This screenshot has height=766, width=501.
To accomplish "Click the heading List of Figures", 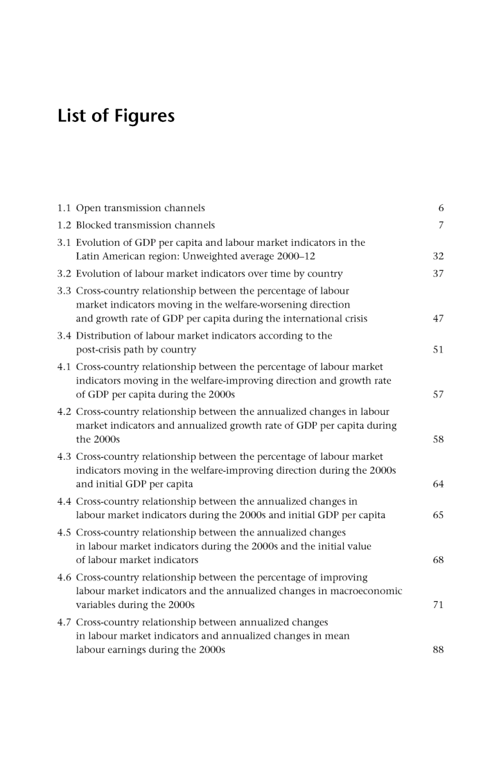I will pos(116,116).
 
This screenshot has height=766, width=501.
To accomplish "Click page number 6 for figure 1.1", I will pos(441,208).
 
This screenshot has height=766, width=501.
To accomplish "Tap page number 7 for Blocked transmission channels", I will pos(441,225).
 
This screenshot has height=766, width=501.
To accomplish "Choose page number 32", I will pos(438,256).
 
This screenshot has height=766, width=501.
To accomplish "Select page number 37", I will pos(438,273).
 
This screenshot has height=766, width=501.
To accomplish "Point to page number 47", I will pos(438,319).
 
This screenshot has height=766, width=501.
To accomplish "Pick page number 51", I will pos(438,350).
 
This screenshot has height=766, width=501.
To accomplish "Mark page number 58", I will pos(438,440).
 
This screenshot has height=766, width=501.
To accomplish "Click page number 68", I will pos(438,560).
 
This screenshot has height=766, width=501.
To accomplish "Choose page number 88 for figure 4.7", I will pos(438,650).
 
